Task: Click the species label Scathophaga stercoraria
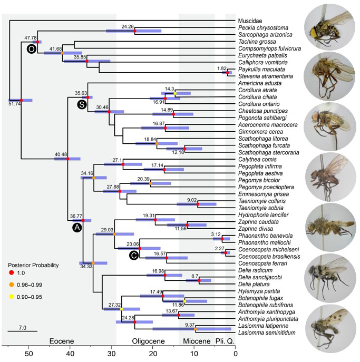(x=269, y=153)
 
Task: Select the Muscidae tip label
(x=250, y=21)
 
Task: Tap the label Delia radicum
(x=256, y=270)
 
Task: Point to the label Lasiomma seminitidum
(x=267, y=332)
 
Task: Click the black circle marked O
(x=32, y=49)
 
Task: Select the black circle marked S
(x=82, y=104)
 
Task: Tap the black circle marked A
(x=77, y=228)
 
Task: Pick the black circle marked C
(x=134, y=256)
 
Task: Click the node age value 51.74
(x=15, y=104)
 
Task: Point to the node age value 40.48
(x=61, y=154)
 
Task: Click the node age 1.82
(x=222, y=69)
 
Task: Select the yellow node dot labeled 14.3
(x=175, y=93)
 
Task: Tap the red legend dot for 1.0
(x=11, y=273)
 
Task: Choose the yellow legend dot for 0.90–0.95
(x=11, y=297)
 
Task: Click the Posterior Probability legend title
(x=33, y=265)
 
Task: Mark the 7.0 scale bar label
(x=22, y=328)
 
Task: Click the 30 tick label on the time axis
(x=111, y=354)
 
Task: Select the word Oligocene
(x=148, y=341)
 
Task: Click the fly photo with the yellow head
(x=329, y=27)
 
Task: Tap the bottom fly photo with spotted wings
(x=330, y=329)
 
